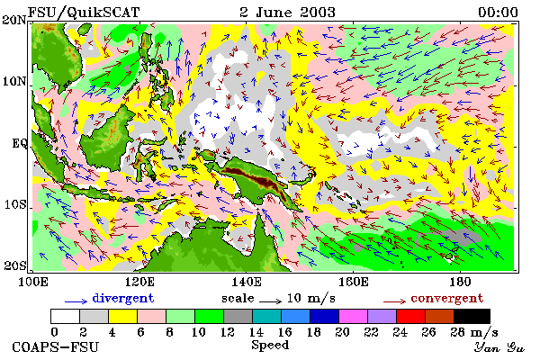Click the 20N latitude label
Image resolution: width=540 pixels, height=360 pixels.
click(14, 20)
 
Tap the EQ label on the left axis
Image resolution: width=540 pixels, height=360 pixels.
click(20, 143)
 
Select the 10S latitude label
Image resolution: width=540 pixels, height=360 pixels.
click(15, 204)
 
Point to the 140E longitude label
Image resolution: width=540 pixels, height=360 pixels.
click(247, 282)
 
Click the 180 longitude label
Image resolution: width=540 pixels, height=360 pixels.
click(461, 282)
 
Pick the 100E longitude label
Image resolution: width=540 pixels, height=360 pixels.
click(32, 282)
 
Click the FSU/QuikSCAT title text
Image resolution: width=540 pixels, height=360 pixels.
click(84, 13)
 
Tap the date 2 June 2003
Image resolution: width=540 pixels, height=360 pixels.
click(287, 13)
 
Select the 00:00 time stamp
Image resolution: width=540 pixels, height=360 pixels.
click(498, 13)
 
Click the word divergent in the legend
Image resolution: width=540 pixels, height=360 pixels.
click(123, 298)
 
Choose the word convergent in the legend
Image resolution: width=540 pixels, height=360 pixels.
click(447, 298)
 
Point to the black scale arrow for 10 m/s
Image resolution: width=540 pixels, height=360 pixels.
click(270, 301)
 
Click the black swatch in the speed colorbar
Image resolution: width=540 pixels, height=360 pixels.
click(472, 316)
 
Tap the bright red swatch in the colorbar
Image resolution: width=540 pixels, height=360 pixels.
click(410, 316)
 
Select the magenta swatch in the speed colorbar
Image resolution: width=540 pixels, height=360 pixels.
click(353, 316)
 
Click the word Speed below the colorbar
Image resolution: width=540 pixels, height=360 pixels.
click(270, 346)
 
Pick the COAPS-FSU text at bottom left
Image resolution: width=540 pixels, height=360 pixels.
click(56, 346)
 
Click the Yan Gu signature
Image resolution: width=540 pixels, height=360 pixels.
click(499, 347)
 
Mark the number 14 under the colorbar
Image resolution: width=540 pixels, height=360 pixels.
click(256, 332)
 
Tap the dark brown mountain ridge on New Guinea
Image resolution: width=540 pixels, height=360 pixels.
click(259, 178)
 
